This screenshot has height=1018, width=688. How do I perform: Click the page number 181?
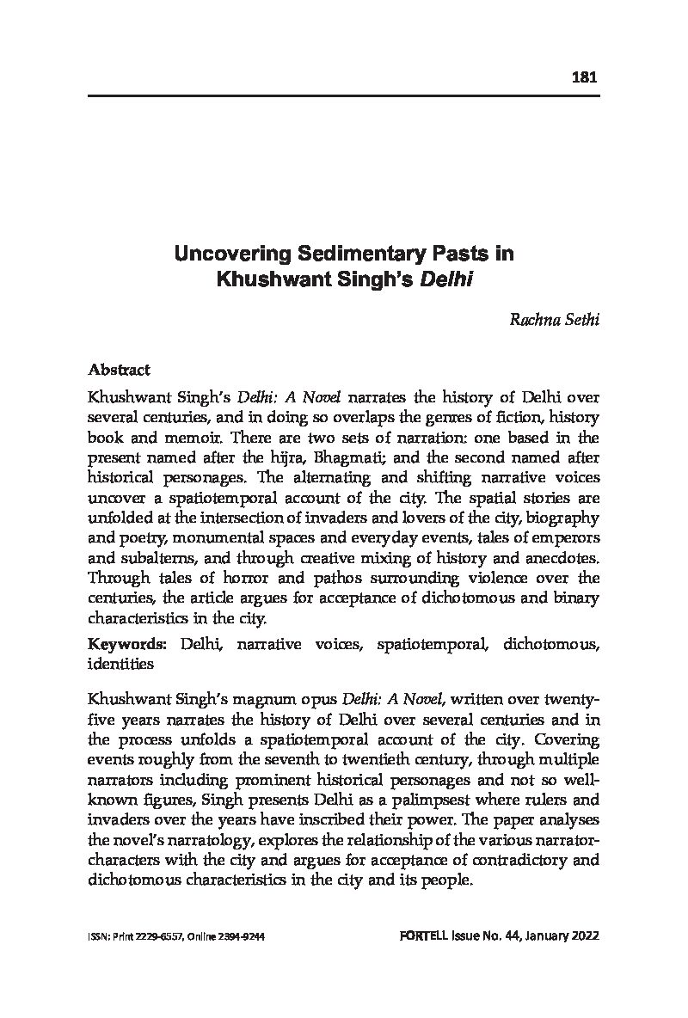pyautogui.click(x=584, y=77)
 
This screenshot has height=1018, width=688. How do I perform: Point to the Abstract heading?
pyautogui.click(x=119, y=370)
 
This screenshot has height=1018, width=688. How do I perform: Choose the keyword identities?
pyautogui.click(x=120, y=664)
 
